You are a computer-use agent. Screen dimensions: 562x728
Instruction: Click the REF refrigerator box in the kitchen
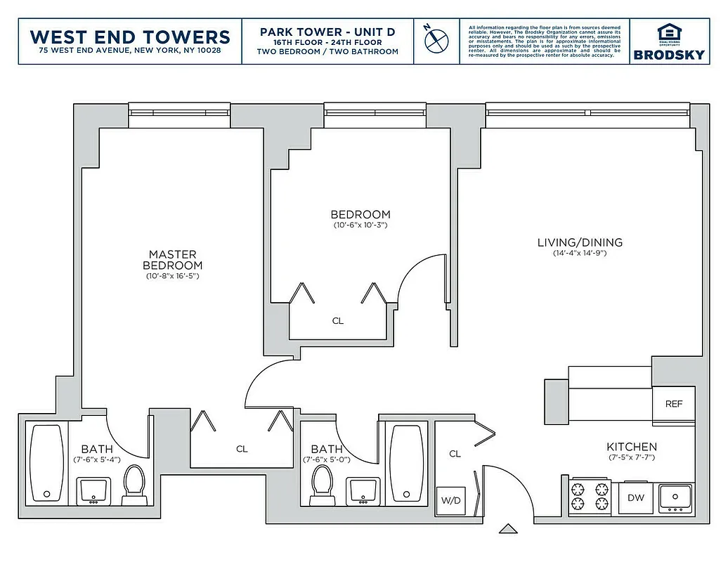click(x=673, y=405)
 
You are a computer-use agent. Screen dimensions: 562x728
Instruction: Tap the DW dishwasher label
click(x=636, y=498)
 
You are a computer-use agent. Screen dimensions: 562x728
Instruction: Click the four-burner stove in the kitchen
click(x=588, y=495)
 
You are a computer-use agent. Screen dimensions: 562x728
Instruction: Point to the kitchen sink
click(x=675, y=498)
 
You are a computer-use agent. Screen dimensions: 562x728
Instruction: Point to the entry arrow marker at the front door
click(x=507, y=528)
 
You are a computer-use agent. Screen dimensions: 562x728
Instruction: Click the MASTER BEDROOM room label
click(x=172, y=260)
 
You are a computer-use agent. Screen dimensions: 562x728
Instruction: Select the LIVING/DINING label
click(x=580, y=243)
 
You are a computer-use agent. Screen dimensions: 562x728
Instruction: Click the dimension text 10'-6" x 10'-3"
click(x=360, y=226)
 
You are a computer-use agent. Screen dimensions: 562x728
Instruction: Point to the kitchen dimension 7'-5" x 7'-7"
click(x=632, y=458)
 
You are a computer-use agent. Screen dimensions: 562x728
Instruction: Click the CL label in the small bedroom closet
click(x=338, y=320)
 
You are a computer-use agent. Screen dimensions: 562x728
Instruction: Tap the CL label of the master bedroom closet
click(x=242, y=448)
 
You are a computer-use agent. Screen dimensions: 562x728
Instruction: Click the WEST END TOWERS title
click(x=131, y=36)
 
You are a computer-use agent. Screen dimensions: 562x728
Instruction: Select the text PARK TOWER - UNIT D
click(x=327, y=32)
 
